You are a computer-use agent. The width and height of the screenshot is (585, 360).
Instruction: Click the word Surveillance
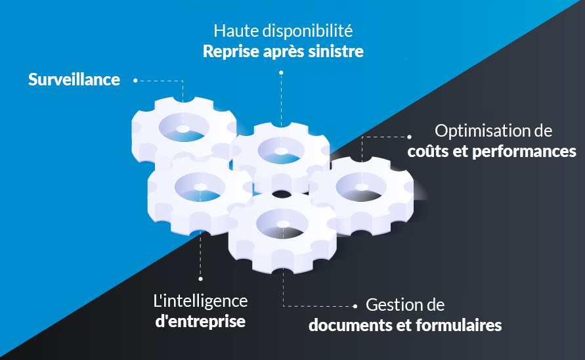click(74, 79)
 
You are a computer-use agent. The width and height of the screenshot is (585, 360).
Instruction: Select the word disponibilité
click(308, 31)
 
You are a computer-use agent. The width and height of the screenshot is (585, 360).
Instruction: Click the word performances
click(524, 152)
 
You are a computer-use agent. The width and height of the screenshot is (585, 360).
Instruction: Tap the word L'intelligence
click(200, 302)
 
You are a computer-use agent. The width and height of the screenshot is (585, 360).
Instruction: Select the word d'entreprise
click(200, 321)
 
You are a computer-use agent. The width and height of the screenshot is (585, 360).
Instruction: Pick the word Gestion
click(392, 305)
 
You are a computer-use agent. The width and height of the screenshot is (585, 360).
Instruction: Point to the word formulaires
click(459, 325)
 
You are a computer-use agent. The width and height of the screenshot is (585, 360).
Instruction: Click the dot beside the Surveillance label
click(135, 80)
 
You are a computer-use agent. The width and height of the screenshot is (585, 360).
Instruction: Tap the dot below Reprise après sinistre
click(281, 73)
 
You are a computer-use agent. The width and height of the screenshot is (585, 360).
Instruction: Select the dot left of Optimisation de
click(409, 137)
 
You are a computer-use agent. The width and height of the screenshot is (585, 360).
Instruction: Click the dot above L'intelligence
click(200, 279)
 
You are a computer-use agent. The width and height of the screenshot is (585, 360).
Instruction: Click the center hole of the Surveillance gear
click(183, 129)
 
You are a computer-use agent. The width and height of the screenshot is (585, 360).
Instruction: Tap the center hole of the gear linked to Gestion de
click(283, 224)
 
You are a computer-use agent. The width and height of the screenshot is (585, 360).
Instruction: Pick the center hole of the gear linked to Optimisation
click(362, 187)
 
